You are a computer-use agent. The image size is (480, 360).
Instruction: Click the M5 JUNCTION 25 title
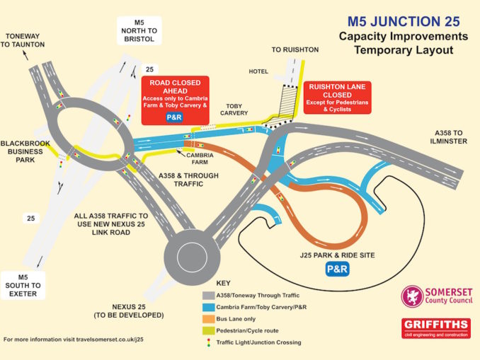pyautogui.click(x=404, y=21)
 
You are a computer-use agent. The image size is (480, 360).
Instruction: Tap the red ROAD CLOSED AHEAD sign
pyautogui.click(x=175, y=100)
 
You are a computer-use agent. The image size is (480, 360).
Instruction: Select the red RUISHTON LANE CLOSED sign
pyautogui.click(x=338, y=98)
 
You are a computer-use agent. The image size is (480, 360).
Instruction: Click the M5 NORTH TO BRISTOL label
pyautogui.click(x=139, y=31)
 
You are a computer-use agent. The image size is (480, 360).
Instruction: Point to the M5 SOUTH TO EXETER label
pyautogui.click(x=23, y=285)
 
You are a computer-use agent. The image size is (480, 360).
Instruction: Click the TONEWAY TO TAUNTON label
pyautogui.click(x=23, y=40)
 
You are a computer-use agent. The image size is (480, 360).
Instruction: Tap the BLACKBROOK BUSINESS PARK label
pyautogui.click(x=25, y=151)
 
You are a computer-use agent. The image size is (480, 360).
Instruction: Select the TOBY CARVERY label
pyautogui.click(x=234, y=110)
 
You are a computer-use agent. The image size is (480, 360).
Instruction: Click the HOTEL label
pyautogui.click(x=258, y=71)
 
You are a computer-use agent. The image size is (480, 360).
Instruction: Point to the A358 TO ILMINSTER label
pyautogui.click(x=448, y=137)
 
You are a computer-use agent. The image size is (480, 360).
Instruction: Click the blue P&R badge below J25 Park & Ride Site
pyautogui.click(x=338, y=269)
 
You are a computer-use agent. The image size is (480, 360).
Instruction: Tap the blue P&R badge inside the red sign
pyautogui.click(x=174, y=117)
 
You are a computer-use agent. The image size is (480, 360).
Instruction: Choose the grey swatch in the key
pyautogui.click(x=208, y=296)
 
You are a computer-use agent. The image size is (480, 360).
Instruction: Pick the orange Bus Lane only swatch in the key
pyautogui.click(x=208, y=319)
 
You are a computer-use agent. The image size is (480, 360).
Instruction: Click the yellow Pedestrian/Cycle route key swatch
pyautogui.click(x=208, y=330)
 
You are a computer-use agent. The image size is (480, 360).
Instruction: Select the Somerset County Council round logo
pyautogui.click(x=412, y=296)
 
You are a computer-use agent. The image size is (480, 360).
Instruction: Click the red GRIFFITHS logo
pyautogui.click(x=436, y=328)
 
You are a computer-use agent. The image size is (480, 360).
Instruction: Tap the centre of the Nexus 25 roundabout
pyautogui.click(x=192, y=257)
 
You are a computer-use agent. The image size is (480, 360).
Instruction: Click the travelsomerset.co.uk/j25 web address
pyautogui.click(x=110, y=339)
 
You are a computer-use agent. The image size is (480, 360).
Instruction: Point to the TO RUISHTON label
pyautogui.click(x=295, y=50)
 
